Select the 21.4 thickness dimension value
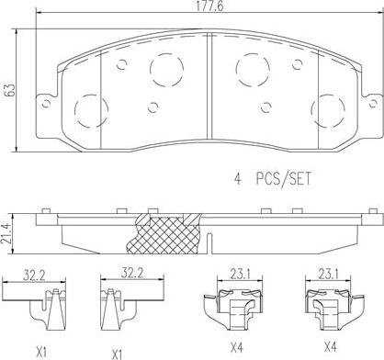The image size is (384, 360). click(x=9, y=234)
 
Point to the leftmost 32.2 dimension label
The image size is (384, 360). click(x=35, y=273)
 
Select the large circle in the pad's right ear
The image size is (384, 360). click(x=328, y=111)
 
